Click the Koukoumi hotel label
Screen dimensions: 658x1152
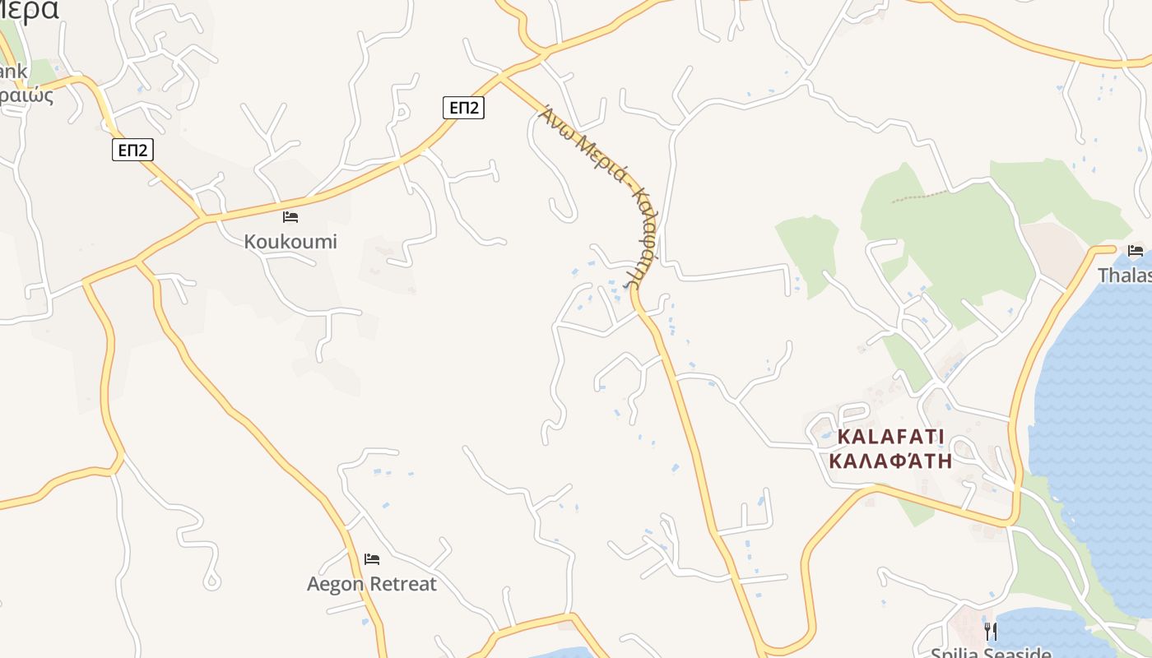click(290, 242)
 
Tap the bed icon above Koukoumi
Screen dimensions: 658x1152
click(290, 217)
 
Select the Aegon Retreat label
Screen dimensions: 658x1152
click(371, 584)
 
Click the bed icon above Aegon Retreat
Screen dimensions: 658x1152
click(372, 559)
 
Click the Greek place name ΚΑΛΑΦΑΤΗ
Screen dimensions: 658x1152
click(890, 461)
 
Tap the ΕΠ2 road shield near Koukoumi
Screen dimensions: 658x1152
click(132, 149)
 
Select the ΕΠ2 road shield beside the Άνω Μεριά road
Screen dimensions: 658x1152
click(463, 107)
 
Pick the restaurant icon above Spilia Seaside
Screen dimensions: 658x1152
click(991, 631)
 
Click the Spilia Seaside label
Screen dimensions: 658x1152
click(991, 652)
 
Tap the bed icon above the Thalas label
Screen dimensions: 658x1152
click(1136, 250)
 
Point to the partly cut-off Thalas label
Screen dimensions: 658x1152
click(1125, 275)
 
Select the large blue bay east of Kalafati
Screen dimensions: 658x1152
click(1094, 411)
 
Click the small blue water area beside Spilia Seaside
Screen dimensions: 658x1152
click(1045, 633)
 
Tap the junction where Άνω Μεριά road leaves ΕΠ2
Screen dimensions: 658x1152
click(500, 77)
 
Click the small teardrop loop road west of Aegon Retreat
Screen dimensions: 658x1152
click(211, 580)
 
